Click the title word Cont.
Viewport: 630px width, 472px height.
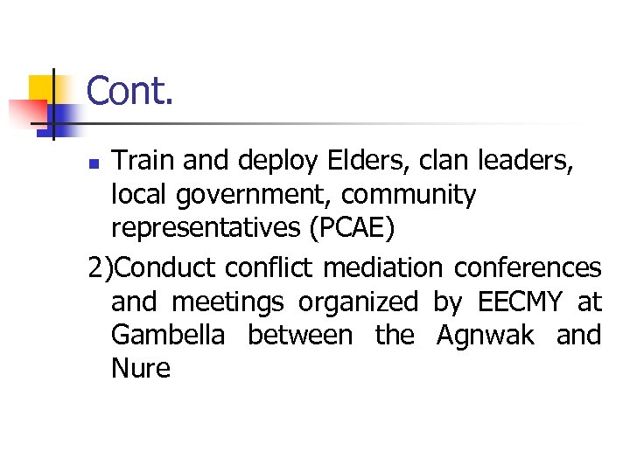click(x=130, y=91)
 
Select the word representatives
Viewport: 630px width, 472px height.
click(x=206, y=229)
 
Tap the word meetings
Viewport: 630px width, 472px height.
click(x=227, y=302)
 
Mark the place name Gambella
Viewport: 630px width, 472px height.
click(x=167, y=335)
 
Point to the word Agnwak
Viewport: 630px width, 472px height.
click(x=484, y=336)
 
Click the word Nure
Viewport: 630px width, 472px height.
click(x=141, y=368)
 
